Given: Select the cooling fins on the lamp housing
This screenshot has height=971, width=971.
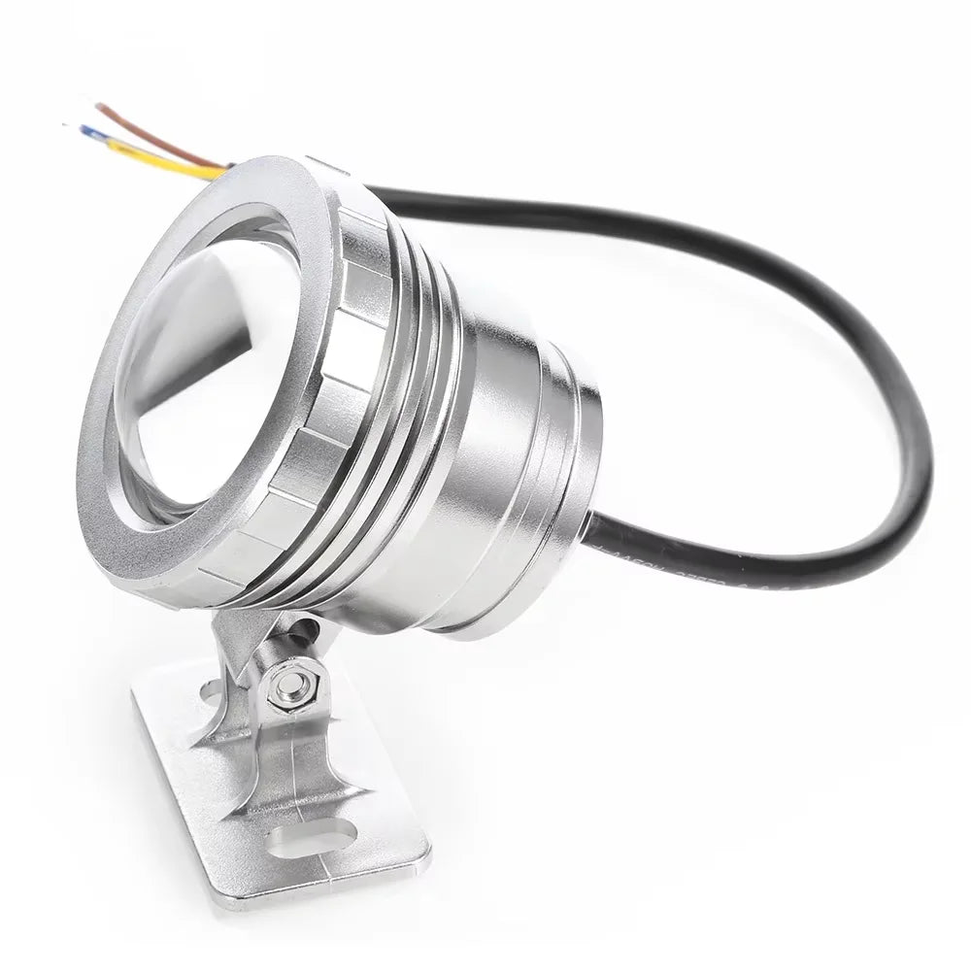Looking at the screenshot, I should point(408,388).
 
